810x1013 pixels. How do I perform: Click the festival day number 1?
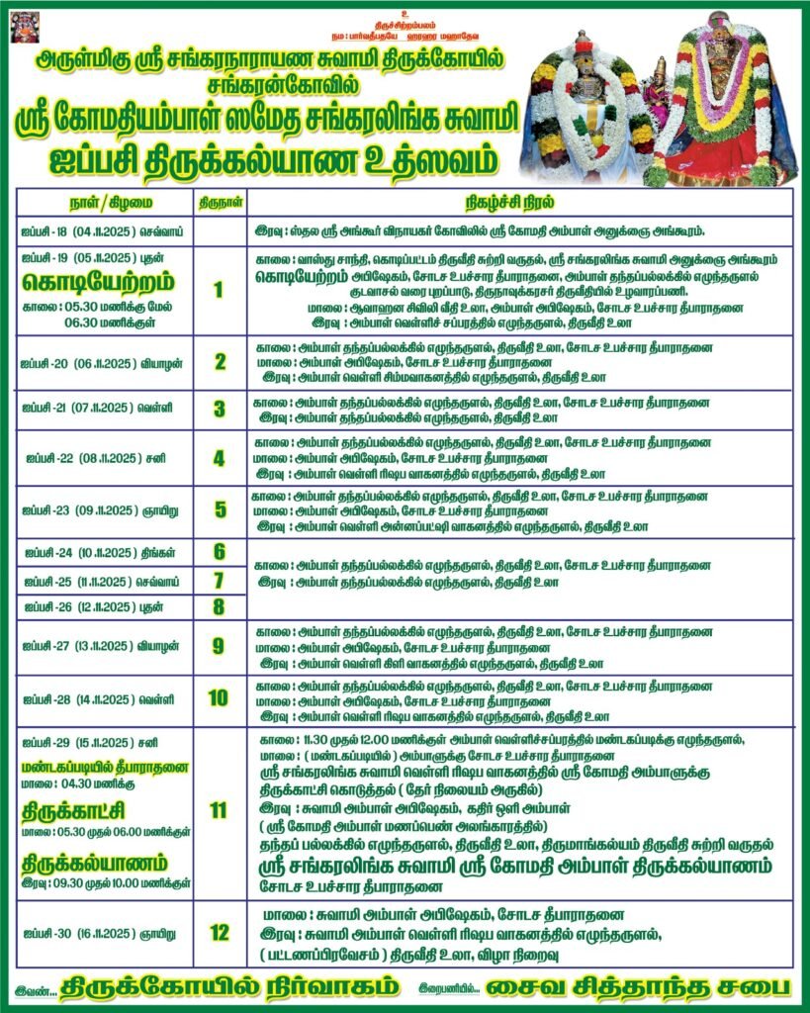click(219, 290)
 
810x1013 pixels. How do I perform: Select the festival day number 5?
click(219, 510)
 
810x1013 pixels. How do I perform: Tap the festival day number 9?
click(219, 646)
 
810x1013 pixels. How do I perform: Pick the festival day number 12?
click(219, 931)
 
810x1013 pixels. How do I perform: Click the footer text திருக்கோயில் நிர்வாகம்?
click(228, 986)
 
